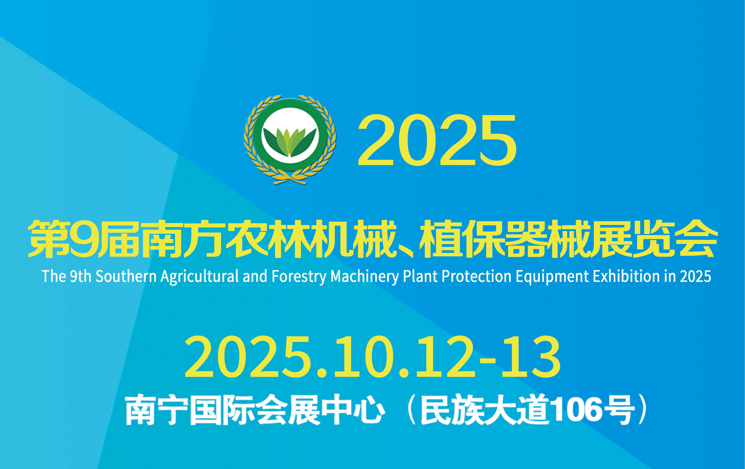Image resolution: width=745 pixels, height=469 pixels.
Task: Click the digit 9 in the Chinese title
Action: [83, 239]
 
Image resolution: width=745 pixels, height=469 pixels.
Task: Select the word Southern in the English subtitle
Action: [126, 276]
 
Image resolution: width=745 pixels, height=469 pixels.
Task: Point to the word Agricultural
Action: [199, 276]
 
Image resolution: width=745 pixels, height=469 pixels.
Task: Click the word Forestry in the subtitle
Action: [299, 276]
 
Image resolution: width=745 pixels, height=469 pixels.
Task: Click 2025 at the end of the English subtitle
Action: [695, 276]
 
